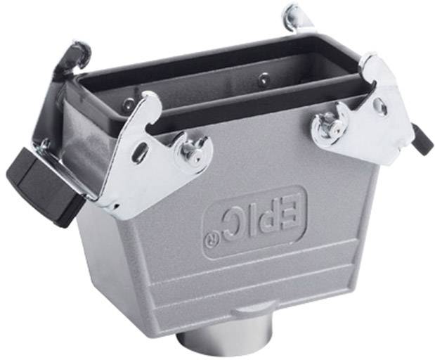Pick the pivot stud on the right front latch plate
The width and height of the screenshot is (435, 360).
pyautogui.click(x=328, y=126)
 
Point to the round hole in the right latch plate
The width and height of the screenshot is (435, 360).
pyautogui.click(x=380, y=106)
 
